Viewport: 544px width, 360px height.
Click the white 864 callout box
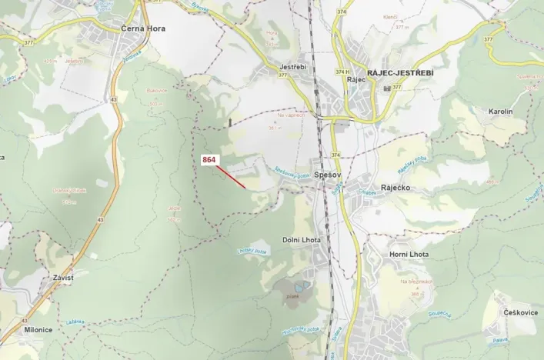tap(210, 160)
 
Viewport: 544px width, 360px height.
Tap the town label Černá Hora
tap(143, 28)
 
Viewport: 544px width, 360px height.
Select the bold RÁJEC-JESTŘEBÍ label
tap(400, 72)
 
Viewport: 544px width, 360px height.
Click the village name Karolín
tap(500, 112)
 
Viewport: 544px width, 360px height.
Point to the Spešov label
tap(329, 175)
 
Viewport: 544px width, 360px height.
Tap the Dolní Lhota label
tap(301, 240)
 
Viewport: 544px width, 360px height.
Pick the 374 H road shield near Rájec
tap(341, 72)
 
